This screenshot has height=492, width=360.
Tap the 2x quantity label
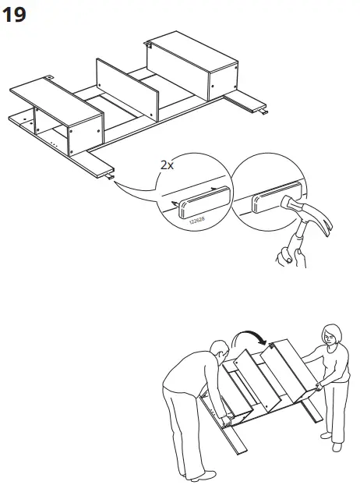166,166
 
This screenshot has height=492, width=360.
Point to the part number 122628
196,221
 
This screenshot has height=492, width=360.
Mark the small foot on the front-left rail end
111,176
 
